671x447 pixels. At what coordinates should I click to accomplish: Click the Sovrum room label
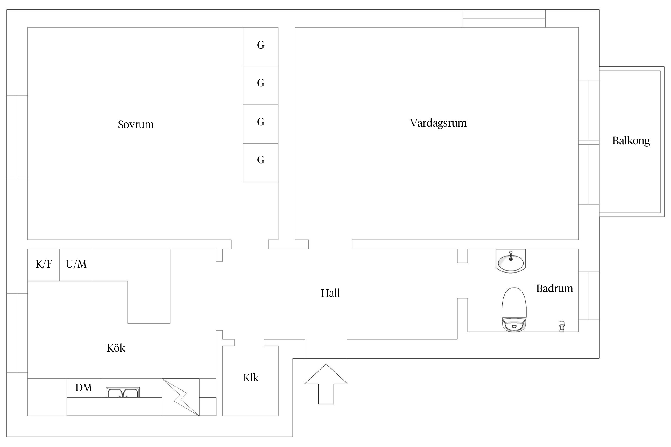coord(136,125)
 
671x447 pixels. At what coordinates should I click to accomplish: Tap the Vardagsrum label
coord(438,123)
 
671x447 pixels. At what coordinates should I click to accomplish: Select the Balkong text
coord(631,141)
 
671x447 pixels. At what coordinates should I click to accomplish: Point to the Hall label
coord(330,293)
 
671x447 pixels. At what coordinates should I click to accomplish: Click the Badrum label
coord(554,288)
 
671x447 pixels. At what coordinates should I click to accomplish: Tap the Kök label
coord(116,348)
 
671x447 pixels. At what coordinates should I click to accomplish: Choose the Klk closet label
coord(251,378)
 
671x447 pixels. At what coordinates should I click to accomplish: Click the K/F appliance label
coord(44,264)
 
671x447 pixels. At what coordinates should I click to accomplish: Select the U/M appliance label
coord(76,264)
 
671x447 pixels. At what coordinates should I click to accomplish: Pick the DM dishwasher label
coord(84,388)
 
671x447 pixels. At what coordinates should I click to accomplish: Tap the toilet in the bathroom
coord(514,310)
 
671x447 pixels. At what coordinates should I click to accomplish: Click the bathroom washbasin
coord(511,261)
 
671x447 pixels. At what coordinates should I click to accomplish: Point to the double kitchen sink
coord(123,392)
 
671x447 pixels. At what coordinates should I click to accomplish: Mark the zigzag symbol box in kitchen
coord(180,397)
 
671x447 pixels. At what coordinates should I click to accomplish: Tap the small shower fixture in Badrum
coord(562,326)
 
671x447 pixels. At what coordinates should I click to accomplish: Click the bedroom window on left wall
coord(17,137)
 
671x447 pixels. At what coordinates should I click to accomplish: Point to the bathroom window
coord(589,296)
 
